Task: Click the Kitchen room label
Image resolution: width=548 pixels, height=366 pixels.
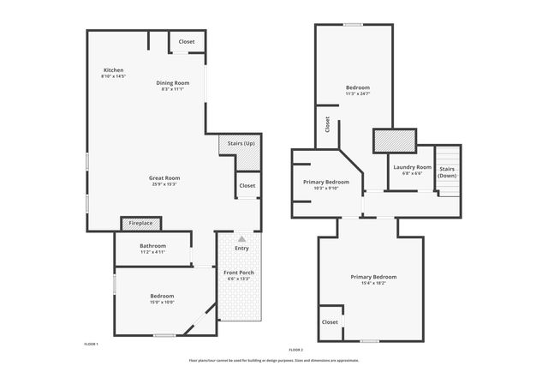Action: pos(113,69)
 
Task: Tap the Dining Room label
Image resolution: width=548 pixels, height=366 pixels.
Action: pos(171,83)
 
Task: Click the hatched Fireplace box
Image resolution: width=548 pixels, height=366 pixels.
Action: pos(140,223)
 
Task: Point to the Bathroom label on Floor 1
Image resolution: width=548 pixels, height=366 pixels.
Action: pos(152,246)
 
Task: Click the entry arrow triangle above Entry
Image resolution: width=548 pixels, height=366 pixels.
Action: pos(241,237)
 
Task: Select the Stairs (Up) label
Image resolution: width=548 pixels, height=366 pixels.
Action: pos(241,143)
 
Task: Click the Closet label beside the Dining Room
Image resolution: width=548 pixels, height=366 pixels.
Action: pos(187,42)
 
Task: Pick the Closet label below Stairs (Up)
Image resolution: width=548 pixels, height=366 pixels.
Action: pos(247,185)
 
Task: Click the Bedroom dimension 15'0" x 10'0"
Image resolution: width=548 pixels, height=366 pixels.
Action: pos(161,302)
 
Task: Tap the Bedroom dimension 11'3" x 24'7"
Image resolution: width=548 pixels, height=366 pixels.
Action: pos(358,93)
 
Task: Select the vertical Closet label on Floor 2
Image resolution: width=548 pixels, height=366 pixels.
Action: pos(327,125)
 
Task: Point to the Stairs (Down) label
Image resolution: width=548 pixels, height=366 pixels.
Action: pos(447,171)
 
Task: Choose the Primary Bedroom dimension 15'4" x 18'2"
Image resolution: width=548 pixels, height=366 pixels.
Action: pos(373,283)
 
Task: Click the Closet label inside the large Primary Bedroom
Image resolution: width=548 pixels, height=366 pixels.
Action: pos(330,321)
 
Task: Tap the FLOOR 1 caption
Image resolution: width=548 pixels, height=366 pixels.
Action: pos(91,343)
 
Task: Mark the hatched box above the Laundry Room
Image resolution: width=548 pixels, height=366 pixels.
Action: pos(394,139)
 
